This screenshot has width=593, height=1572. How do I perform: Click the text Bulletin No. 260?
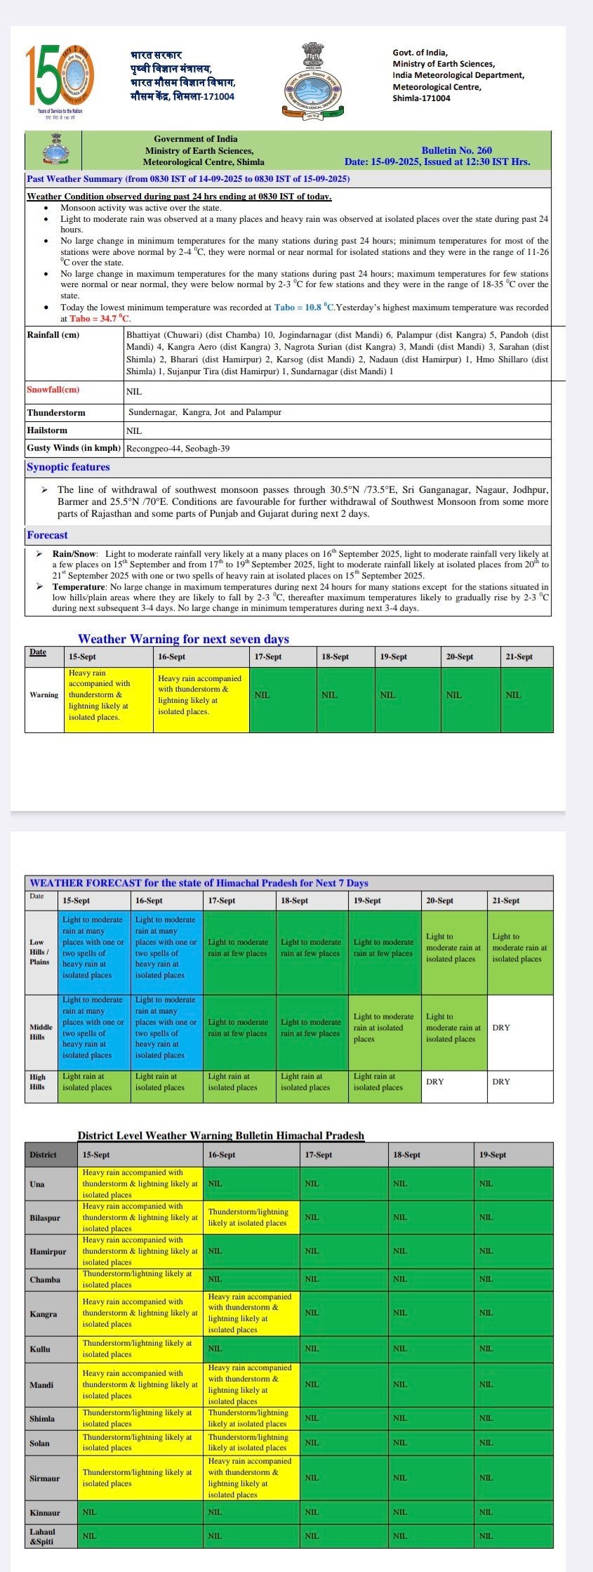[456, 150]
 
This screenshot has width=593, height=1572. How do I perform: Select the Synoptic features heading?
[68, 467]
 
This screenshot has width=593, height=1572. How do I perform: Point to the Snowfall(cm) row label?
[53, 390]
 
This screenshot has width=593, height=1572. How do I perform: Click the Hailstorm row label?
[47, 430]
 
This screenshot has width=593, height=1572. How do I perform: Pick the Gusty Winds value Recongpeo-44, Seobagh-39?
[178, 448]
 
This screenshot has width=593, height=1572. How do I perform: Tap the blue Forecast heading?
[47, 535]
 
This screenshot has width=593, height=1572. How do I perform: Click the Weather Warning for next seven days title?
[183, 639]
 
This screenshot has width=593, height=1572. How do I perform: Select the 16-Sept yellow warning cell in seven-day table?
[201, 695]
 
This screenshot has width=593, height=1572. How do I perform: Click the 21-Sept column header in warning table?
[519, 656]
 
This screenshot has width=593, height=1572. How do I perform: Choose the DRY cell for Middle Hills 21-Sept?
[519, 1028]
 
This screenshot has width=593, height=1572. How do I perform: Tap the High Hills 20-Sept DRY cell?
[453, 1081]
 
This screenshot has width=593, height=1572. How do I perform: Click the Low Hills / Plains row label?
[39, 952]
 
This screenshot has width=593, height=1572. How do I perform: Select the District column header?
[43, 1154]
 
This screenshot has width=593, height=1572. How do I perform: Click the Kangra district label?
[43, 1314]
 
